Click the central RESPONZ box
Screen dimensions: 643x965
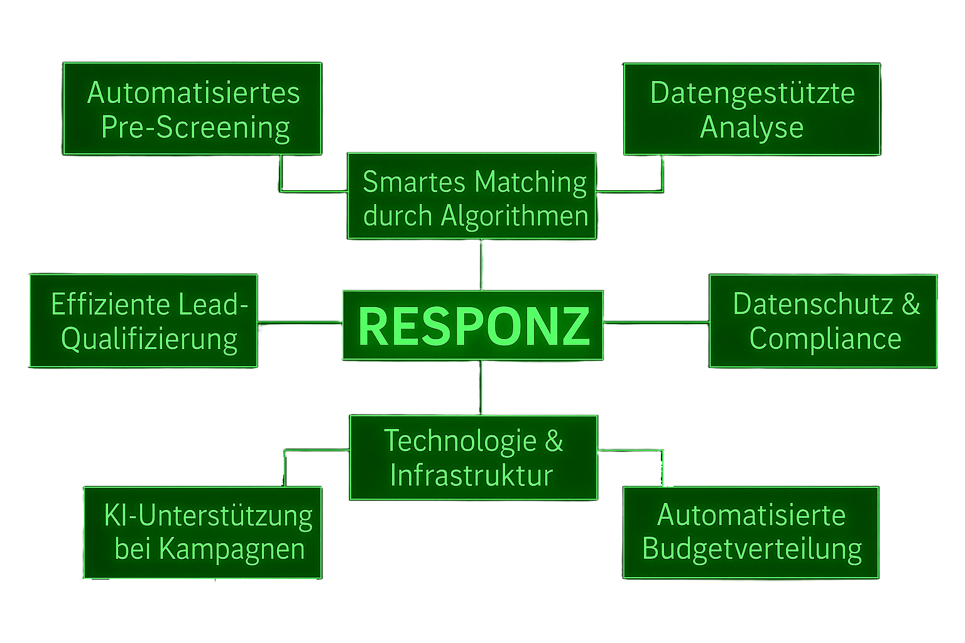click(x=472, y=325)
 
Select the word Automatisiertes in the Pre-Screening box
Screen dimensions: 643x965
click(x=194, y=93)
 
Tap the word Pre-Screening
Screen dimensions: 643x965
click(x=195, y=127)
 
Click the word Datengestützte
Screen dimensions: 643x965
click(x=752, y=93)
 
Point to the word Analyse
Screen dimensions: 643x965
click(x=751, y=127)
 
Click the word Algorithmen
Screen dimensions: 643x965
click(x=515, y=216)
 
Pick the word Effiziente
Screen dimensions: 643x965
click(x=111, y=305)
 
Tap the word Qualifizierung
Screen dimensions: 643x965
click(x=150, y=340)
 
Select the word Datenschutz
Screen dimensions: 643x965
click(x=813, y=305)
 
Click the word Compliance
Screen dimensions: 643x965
click(x=825, y=339)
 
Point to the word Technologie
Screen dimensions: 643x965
click(x=460, y=441)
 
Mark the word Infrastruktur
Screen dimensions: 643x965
click(x=471, y=475)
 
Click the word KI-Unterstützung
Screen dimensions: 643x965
click(x=208, y=516)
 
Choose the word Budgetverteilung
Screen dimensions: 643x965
click(x=751, y=549)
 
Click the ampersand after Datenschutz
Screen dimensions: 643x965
click(x=911, y=305)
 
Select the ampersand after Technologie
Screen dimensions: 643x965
click(x=553, y=441)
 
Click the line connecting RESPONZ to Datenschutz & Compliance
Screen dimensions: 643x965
click(x=656, y=322)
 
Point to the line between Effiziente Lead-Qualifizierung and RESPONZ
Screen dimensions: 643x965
click(x=300, y=323)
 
